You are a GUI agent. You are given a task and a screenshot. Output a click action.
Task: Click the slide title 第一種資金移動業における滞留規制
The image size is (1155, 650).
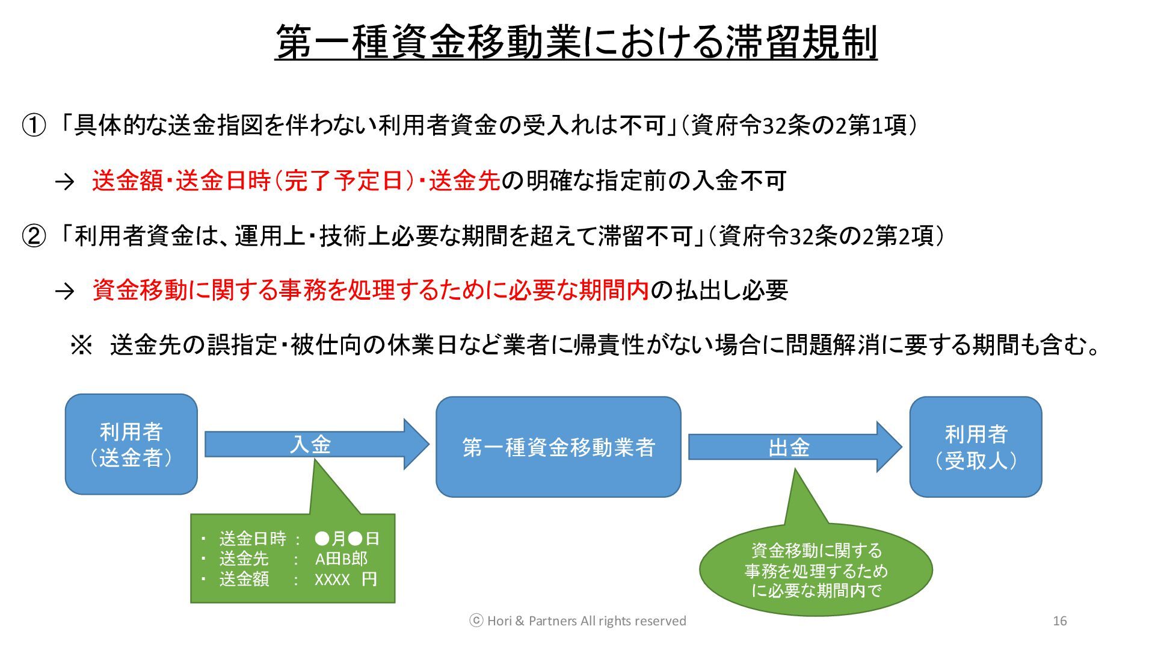(576, 42)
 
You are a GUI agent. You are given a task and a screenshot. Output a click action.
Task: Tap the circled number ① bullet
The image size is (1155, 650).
(34, 126)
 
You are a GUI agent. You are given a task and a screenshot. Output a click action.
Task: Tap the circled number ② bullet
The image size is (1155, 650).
(34, 236)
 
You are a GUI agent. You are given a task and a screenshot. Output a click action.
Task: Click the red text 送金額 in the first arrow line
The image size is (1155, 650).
(128, 181)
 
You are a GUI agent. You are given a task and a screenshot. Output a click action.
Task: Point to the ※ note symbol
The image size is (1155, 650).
(82, 345)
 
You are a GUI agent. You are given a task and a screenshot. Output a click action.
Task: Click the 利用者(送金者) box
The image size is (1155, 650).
(131, 444)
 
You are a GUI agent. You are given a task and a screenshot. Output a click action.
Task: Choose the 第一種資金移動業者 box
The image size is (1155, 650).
(558, 447)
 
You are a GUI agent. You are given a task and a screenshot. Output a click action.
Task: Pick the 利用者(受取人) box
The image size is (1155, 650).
(975, 447)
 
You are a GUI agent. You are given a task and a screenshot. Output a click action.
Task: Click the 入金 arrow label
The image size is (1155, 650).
(310, 445)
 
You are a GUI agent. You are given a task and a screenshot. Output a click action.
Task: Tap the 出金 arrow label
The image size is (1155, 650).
(789, 447)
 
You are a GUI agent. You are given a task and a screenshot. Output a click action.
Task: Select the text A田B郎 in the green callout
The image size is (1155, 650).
(341, 559)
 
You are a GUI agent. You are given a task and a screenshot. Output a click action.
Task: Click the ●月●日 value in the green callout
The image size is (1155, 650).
(347, 539)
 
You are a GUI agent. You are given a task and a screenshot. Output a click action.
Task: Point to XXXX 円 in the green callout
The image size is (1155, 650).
(346, 580)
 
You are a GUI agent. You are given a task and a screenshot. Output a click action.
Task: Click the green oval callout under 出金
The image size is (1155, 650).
(816, 570)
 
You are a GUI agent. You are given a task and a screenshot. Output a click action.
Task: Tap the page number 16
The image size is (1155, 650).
(1060, 621)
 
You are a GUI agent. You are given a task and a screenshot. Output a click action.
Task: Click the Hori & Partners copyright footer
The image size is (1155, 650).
(577, 621)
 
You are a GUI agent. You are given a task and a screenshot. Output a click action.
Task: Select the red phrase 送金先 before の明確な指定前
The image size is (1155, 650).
(464, 181)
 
